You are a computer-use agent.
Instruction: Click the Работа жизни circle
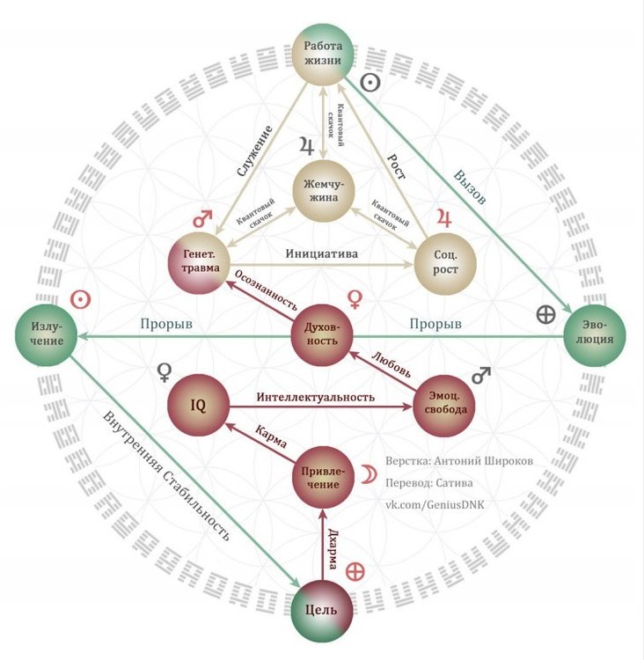pyautogui.click(x=323, y=53)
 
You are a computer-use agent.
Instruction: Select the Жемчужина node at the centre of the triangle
pyautogui.click(x=323, y=191)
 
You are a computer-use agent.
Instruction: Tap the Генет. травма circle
pyautogui.click(x=199, y=262)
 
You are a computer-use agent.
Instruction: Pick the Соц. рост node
pyautogui.click(x=445, y=262)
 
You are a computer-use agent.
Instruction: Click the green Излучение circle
pyautogui.click(x=47, y=335)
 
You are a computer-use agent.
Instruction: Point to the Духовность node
pyautogui.click(x=322, y=335)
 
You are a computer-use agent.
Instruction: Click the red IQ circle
pyautogui.click(x=199, y=406)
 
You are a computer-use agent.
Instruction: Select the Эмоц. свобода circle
pyautogui.click(x=444, y=406)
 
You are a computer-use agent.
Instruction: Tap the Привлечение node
pyautogui.click(x=322, y=478)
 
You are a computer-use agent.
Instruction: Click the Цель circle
pyautogui.click(x=322, y=611)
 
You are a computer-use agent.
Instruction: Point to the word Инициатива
pyautogui.click(x=322, y=253)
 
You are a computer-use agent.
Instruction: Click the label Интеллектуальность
pyautogui.click(x=316, y=397)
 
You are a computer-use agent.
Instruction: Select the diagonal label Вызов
pyautogui.click(x=470, y=187)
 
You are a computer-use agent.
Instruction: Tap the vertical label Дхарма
pyautogui.click(x=333, y=548)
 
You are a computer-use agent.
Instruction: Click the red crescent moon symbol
pyautogui.click(x=369, y=473)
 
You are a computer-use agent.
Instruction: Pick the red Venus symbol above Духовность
pyautogui.click(x=355, y=299)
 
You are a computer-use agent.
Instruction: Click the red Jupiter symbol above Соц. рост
pyautogui.click(x=444, y=218)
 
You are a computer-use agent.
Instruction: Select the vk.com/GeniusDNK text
pyautogui.click(x=435, y=505)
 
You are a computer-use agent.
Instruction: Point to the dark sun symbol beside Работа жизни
pyautogui.click(x=370, y=84)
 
